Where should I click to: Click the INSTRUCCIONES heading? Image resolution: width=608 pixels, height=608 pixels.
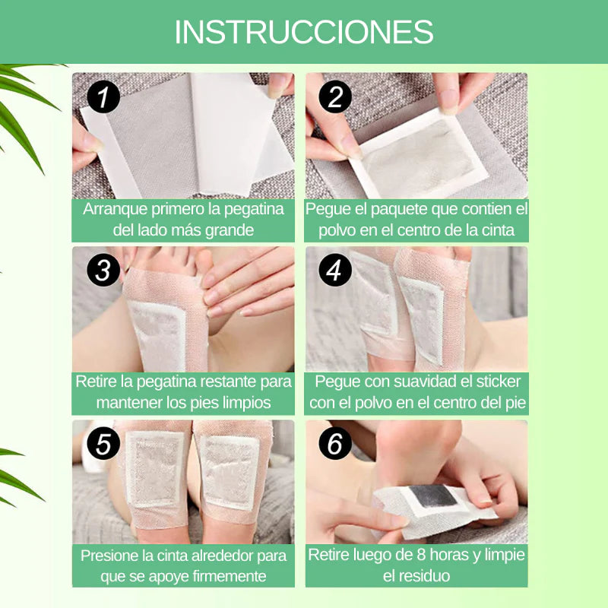[x=304, y=32]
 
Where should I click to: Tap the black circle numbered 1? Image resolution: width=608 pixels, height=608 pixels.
[x=104, y=97]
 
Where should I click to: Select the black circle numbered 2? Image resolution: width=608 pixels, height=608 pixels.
[x=335, y=97]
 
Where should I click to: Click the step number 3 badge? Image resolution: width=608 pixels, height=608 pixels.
[x=104, y=270]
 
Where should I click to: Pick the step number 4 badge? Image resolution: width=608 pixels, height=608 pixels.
[x=335, y=270]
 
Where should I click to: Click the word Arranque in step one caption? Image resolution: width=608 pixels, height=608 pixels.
[x=114, y=209]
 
